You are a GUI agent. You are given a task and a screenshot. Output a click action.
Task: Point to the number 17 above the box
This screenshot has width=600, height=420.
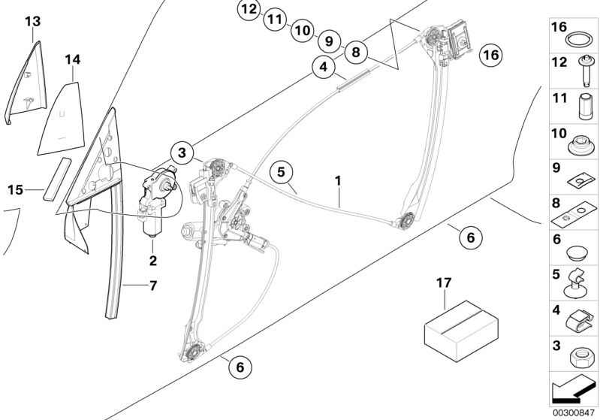tap(445, 283)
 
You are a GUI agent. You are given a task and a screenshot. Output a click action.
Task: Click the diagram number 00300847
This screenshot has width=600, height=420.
tap(573, 412)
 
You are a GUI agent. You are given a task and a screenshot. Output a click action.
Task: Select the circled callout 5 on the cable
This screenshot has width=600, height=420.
tap(279, 172)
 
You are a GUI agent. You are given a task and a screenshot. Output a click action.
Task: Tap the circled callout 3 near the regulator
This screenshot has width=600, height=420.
tap(182, 153)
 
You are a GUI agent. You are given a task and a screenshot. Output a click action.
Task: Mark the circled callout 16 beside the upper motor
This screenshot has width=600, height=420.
tap(490, 56)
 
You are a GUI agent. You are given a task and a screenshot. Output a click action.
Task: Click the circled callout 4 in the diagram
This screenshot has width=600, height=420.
tap(323, 68)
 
